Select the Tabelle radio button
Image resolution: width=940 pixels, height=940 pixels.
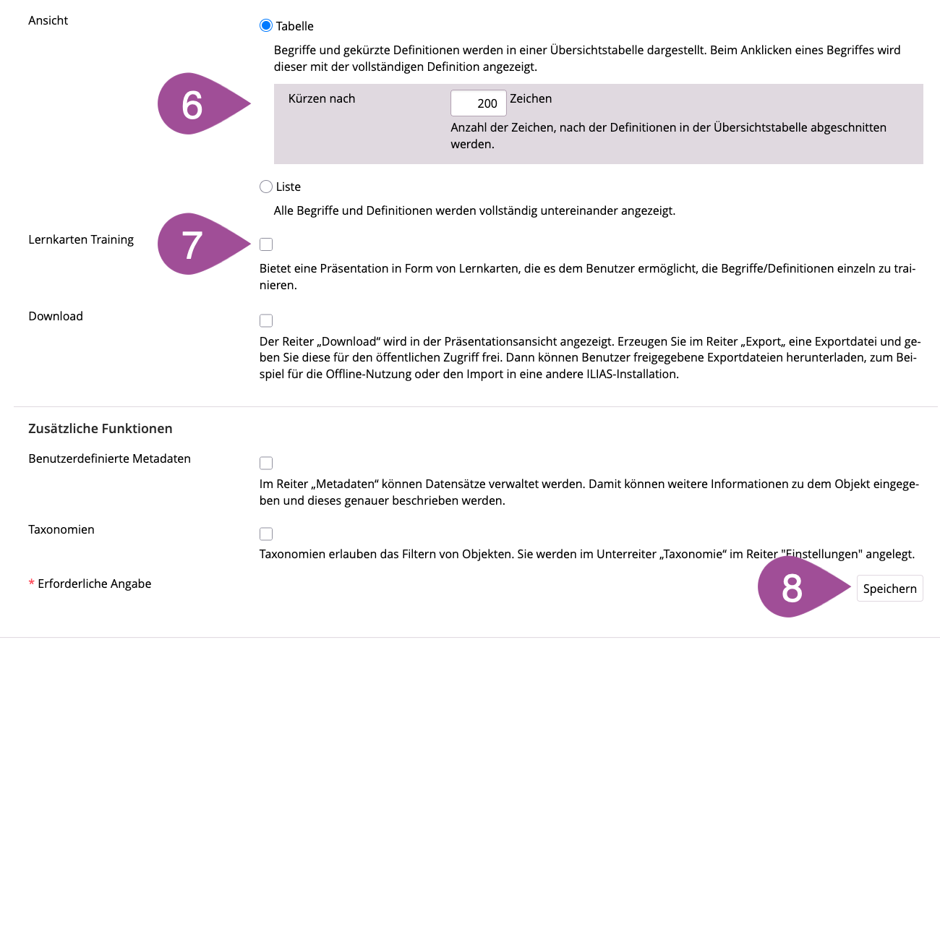pyautogui.click(x=266, y=26)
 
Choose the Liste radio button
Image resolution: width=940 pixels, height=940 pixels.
pyautogui.click(x=266, y=187)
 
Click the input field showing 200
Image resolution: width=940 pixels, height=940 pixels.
pyautogui.click(x=478, y=103)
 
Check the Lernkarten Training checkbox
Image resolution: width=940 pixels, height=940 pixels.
pyautogui.click(x=266, y=244)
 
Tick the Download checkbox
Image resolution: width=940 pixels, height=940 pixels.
pyautogui.click(x=266, y=320)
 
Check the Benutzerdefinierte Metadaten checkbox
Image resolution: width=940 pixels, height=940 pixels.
pyautogui.click(x=266, y=463)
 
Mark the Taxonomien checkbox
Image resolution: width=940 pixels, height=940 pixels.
pyautogui.click(x=266, y=534)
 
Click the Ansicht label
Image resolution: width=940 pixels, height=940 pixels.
pyautogui.click(x=48, y=20)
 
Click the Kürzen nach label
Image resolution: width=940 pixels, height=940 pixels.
pyautogui.click(x=322, y=98)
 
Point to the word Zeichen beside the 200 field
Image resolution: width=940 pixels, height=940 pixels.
pyautogui.click(x=531, y=98)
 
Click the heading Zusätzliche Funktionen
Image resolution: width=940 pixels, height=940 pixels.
pyautogui.click(x=101, y=429)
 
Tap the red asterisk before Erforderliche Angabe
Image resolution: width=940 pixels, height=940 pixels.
pyautogui.click(x=31, y=584)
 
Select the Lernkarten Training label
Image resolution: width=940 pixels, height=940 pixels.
pyautogui.click(x=81, y=239)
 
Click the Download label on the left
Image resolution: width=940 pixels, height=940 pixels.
pyautogui.click(x=56, y=316)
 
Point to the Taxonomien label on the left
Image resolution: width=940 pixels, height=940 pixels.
pyautogui.click(x=61, y=529)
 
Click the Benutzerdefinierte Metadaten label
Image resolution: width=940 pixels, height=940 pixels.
pyautogui.click(x=110, y=458)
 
